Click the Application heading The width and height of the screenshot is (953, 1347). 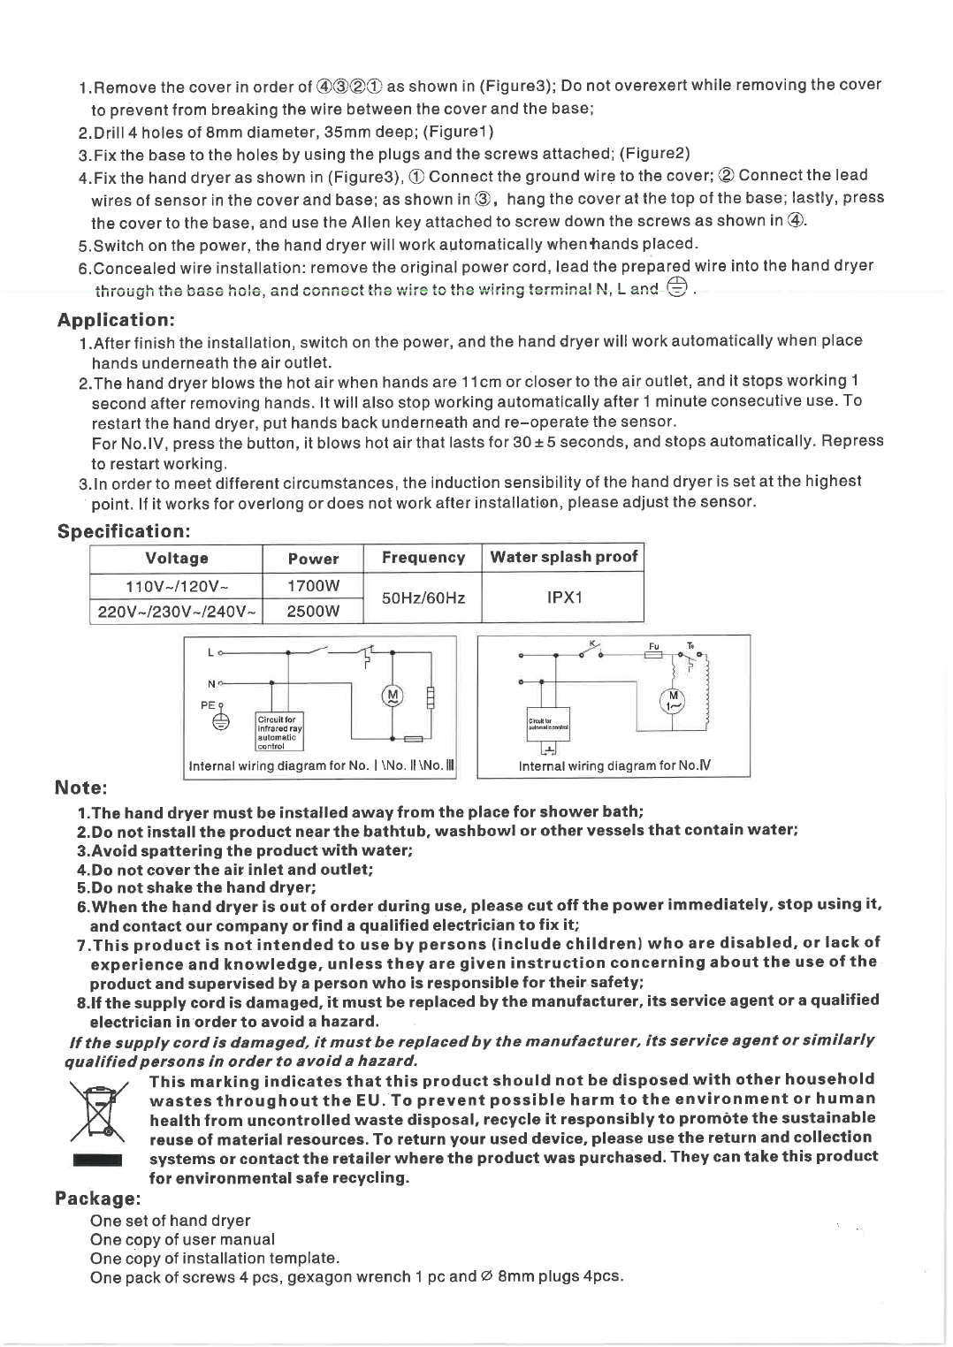(116, 319)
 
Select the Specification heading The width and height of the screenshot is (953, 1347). (124, 531)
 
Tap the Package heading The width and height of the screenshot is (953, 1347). (97, 1199)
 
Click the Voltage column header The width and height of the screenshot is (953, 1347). (177, 558)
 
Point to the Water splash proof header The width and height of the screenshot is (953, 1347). (563, 557)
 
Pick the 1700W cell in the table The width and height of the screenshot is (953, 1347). (313, 586)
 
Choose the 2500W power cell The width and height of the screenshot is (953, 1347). (313, 611)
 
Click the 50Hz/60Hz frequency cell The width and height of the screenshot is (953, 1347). (423, 598)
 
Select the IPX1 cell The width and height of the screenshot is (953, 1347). (563, 597)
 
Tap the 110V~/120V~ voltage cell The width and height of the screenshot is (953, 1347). (177, 586)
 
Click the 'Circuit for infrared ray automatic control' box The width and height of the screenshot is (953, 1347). (278, 729)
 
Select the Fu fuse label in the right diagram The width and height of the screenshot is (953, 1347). (654, 647)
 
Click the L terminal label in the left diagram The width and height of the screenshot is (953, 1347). (210, 653)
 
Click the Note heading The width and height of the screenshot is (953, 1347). (81, 787)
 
